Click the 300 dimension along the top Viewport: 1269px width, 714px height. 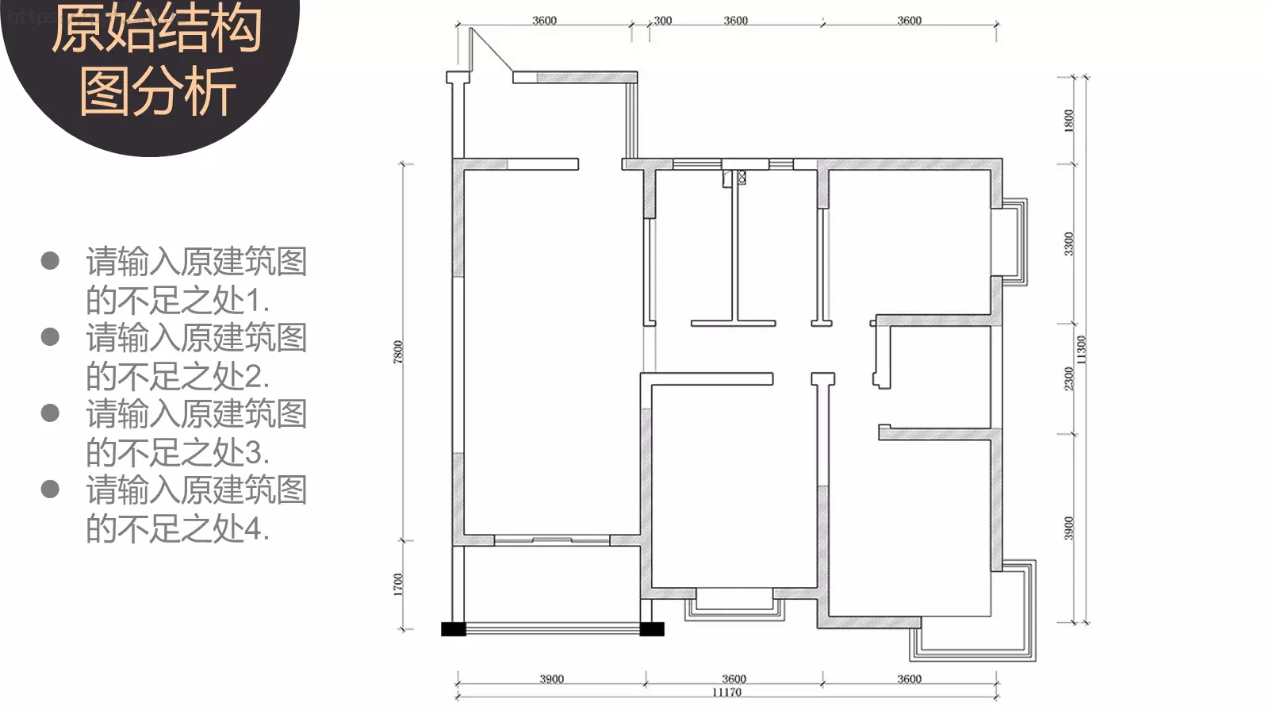[663, 21]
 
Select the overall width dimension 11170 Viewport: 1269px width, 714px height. [727, 693]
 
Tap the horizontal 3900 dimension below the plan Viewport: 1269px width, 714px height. [551, 679]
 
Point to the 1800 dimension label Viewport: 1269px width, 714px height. [1069, 121]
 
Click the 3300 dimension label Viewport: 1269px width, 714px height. [1068, 244]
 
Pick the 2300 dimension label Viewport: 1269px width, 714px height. [1068, 378]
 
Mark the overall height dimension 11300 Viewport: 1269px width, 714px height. [1082, 350]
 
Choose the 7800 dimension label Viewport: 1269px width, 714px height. [398, 352]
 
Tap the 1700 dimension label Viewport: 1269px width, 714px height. [398, 584]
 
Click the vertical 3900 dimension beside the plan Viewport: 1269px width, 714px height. [1068, 528]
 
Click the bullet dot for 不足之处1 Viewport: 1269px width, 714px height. [51, 261]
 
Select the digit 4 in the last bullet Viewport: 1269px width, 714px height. [252, 529]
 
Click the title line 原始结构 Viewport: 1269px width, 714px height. [157, 29]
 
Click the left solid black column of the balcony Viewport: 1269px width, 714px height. [454, 629]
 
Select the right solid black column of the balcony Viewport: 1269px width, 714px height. [651, 629]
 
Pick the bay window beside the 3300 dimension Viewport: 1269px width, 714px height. [1014, 242]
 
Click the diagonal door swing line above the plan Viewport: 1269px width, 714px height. [492, 50]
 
